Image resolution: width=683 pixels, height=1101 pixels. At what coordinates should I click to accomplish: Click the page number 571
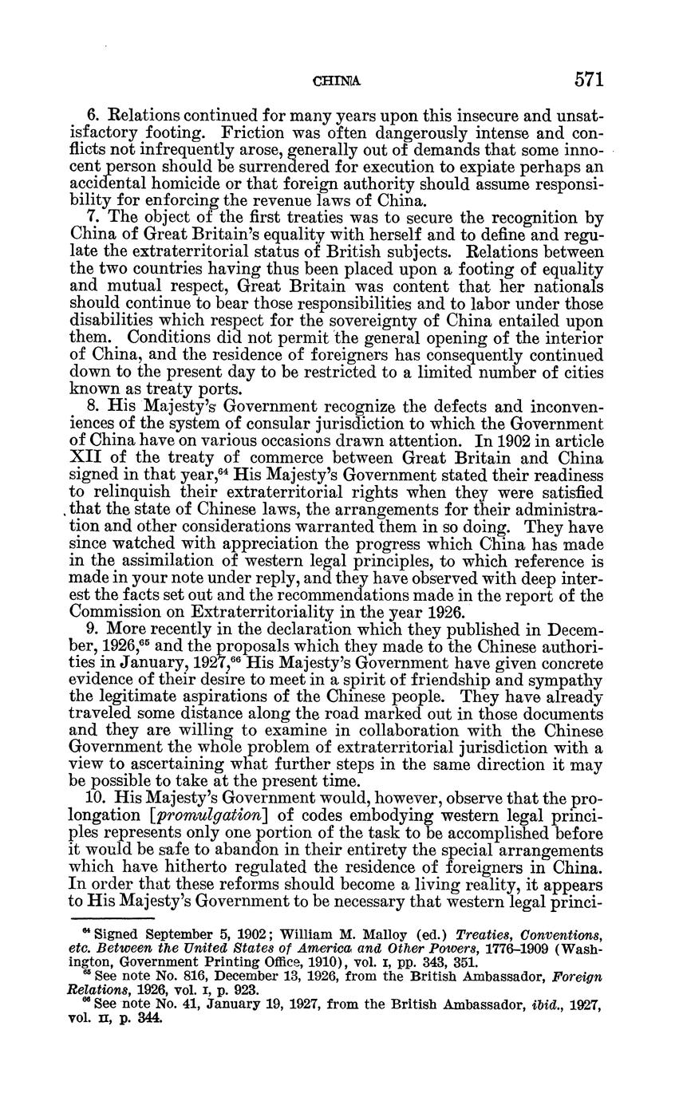pos(586,80)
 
